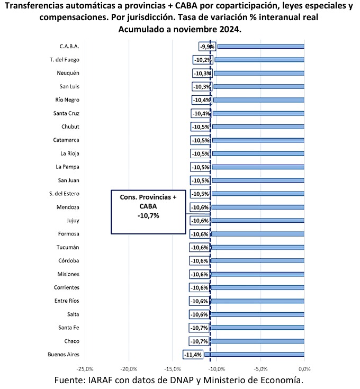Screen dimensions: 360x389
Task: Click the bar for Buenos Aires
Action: (x=254, y=355)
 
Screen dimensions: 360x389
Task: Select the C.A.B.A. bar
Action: (x=261, y=47)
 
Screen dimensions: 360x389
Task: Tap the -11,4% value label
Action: (x=193, y=355)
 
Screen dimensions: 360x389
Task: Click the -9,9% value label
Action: (x=207, y=47)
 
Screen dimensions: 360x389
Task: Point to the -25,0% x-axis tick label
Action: (x=85, y=369)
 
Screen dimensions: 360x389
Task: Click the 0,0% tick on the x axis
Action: (x=304, y=369)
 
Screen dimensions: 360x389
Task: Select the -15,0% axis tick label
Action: (x=173, y=369)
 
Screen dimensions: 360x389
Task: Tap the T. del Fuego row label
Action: (x=65, y=60)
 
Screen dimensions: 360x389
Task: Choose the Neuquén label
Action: (x=68, y=73)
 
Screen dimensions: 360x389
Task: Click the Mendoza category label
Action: (x=68, y=207)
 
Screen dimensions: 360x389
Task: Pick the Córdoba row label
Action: (x=69, y=261)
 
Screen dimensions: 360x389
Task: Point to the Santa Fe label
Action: (x=69, y=328)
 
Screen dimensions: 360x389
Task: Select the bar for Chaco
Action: (x=257, y=341)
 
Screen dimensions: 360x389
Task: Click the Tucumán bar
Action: (x=257, y=247)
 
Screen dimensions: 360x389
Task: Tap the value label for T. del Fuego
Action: (x=203, y=60)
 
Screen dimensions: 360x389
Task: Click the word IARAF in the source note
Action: (x=100, y=380)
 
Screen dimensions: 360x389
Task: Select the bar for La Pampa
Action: (x=258, y=167)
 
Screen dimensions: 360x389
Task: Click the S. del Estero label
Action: (x=64, y=194)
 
